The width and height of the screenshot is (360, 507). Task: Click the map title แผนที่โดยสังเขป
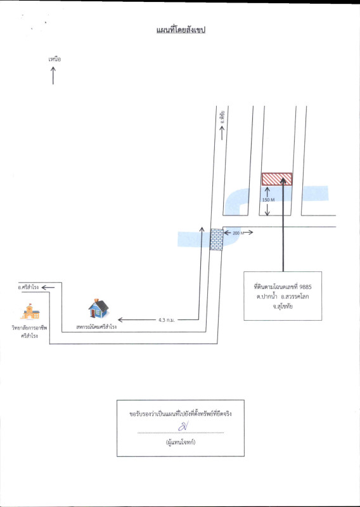pyautogui.click(x=181, y=30)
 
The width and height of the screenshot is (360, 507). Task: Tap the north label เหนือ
pyautogui.click(x=55, y=59)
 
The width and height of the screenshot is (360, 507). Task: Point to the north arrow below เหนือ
pyautogui.click(x=53, y=75)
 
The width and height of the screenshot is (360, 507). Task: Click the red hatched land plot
pyautogui.click(x=277, y=179)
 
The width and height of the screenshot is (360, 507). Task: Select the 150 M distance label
pyautogui.click(x=268, y=200)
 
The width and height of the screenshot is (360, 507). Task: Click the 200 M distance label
pyautogui.click(x=238, y=233)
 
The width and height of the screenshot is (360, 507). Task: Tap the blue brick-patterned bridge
pyautogui.click(x=216, y=240)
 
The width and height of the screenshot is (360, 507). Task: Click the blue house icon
pyautogui.click(x=98, y=309)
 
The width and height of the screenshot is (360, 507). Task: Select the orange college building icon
pyautogui.click(x=30, y=311)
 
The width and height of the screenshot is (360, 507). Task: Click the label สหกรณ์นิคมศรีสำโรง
pyautogui.click(x=96, y=327)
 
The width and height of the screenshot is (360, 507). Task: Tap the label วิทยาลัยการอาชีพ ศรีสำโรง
pyautogui.click(x=29, y=331)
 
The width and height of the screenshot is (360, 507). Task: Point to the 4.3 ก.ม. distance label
pyautogui.click(x=167, y=320)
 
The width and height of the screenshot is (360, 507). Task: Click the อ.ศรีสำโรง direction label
pyautogui.click(x=29, y=287)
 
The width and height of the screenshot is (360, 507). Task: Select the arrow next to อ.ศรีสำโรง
pyautogui.click(x=48, y=288)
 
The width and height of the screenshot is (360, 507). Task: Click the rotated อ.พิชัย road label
pyautogui.click(x=222, y=118)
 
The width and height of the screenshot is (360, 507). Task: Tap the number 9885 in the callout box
pyautogui.click(x=305, y=287)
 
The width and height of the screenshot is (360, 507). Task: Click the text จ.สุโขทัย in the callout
pyautogui.click(x=283, y=306)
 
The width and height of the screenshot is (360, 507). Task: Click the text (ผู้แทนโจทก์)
pyautogui.click(x=181, y=442)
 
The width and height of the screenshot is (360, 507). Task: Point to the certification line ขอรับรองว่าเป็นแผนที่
pyautogui.click(x=181, y=414)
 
